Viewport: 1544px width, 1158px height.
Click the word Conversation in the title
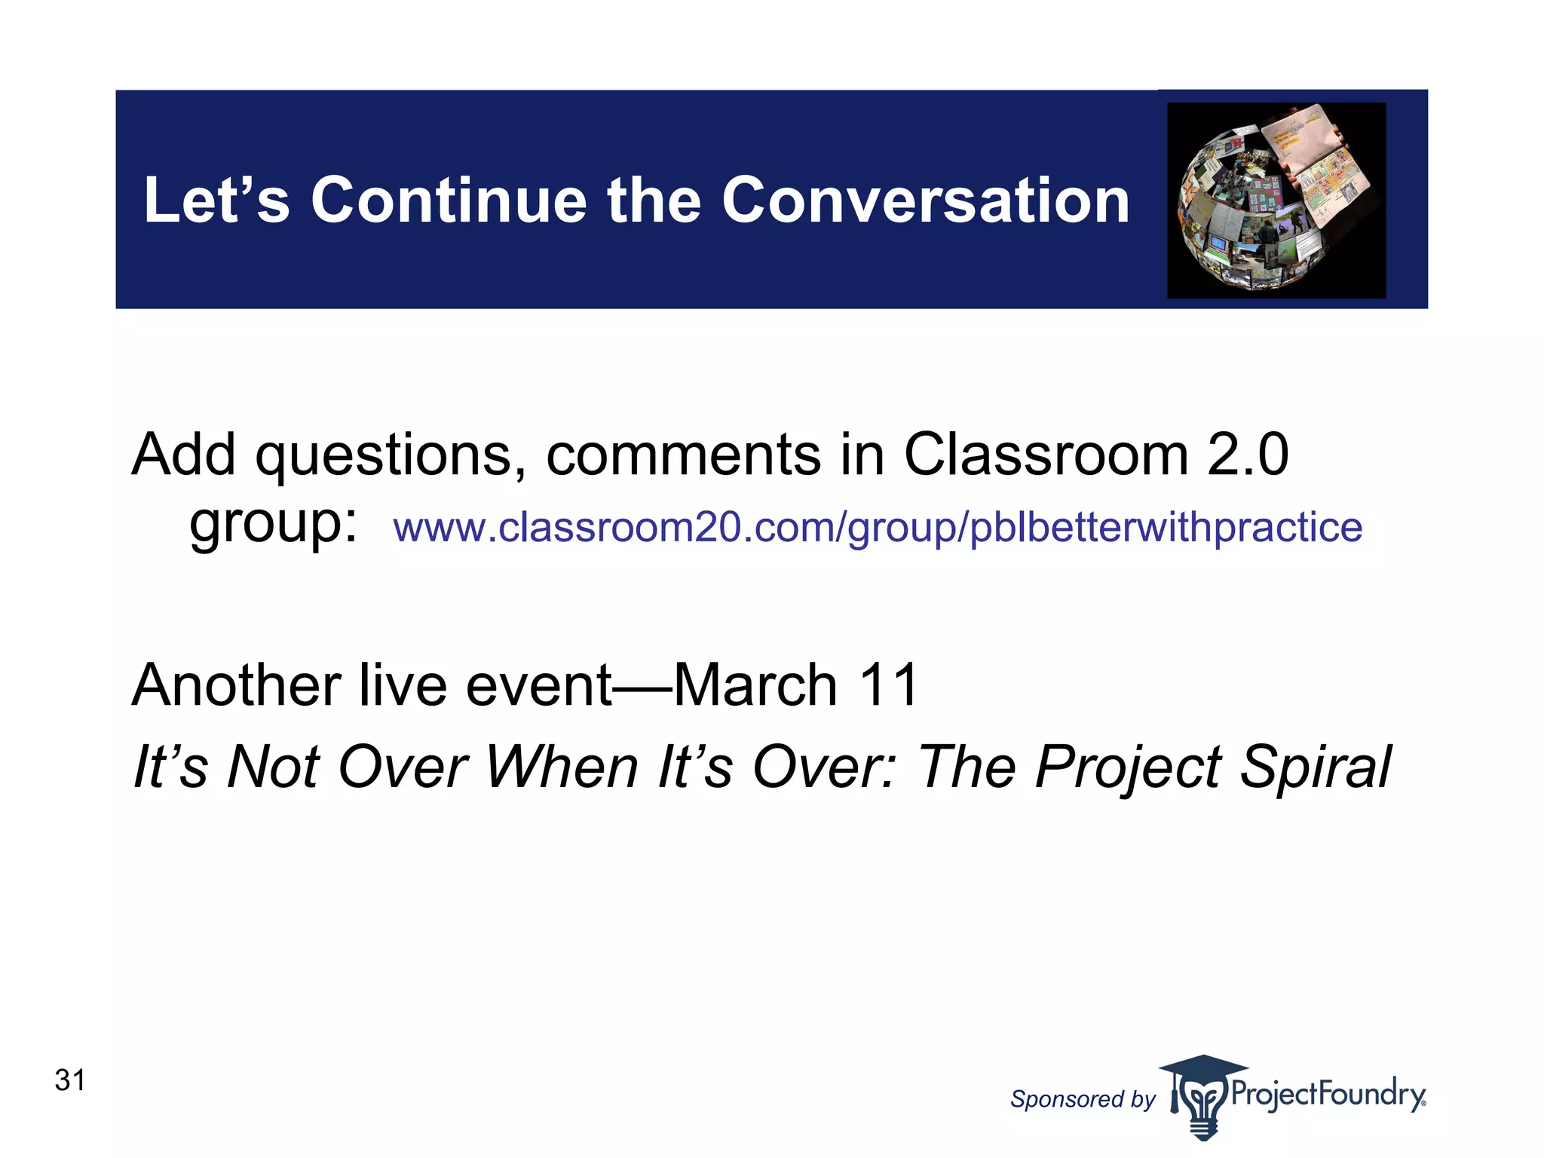pos(925,201)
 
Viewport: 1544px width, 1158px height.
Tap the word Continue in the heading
pos(449,201)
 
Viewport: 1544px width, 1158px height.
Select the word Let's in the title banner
pos(216,201)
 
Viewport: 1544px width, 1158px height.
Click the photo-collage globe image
pos(1276,201)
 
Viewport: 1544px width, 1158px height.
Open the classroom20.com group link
pos(877,527)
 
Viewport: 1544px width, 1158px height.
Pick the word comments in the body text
pos(682,455)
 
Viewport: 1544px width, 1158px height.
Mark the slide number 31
pos(70,1080)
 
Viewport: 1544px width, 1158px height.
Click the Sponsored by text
pos(1082,1099)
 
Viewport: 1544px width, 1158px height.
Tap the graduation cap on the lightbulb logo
pos(1202,1068)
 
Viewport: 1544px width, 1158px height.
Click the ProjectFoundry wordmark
pos(1328,1094)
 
